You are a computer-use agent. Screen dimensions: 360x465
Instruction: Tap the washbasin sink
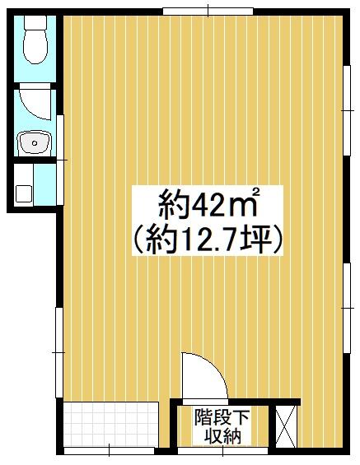(35, 143)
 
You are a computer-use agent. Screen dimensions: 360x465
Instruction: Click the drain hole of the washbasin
(35, 143)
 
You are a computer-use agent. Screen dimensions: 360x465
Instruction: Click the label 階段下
(222, 417)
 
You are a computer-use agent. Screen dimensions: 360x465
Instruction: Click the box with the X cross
(286, 426)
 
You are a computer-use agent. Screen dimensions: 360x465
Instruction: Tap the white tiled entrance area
(111, 425)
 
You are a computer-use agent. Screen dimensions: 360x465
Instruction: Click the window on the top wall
(208, 12)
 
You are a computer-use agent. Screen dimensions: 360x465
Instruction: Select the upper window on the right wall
(347, 110)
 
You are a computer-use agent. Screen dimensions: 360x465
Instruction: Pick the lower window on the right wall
(347, 308)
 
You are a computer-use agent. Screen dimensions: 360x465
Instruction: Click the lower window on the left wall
(59, 352)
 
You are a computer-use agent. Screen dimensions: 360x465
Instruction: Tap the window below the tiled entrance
(110, 451)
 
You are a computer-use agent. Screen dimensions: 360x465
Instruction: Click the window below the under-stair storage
(223, 451)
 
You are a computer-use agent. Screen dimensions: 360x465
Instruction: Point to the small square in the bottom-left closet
(23, 194)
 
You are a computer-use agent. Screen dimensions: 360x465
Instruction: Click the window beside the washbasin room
(60, 160)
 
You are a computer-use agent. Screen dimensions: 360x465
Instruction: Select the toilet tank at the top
(35, 22)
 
